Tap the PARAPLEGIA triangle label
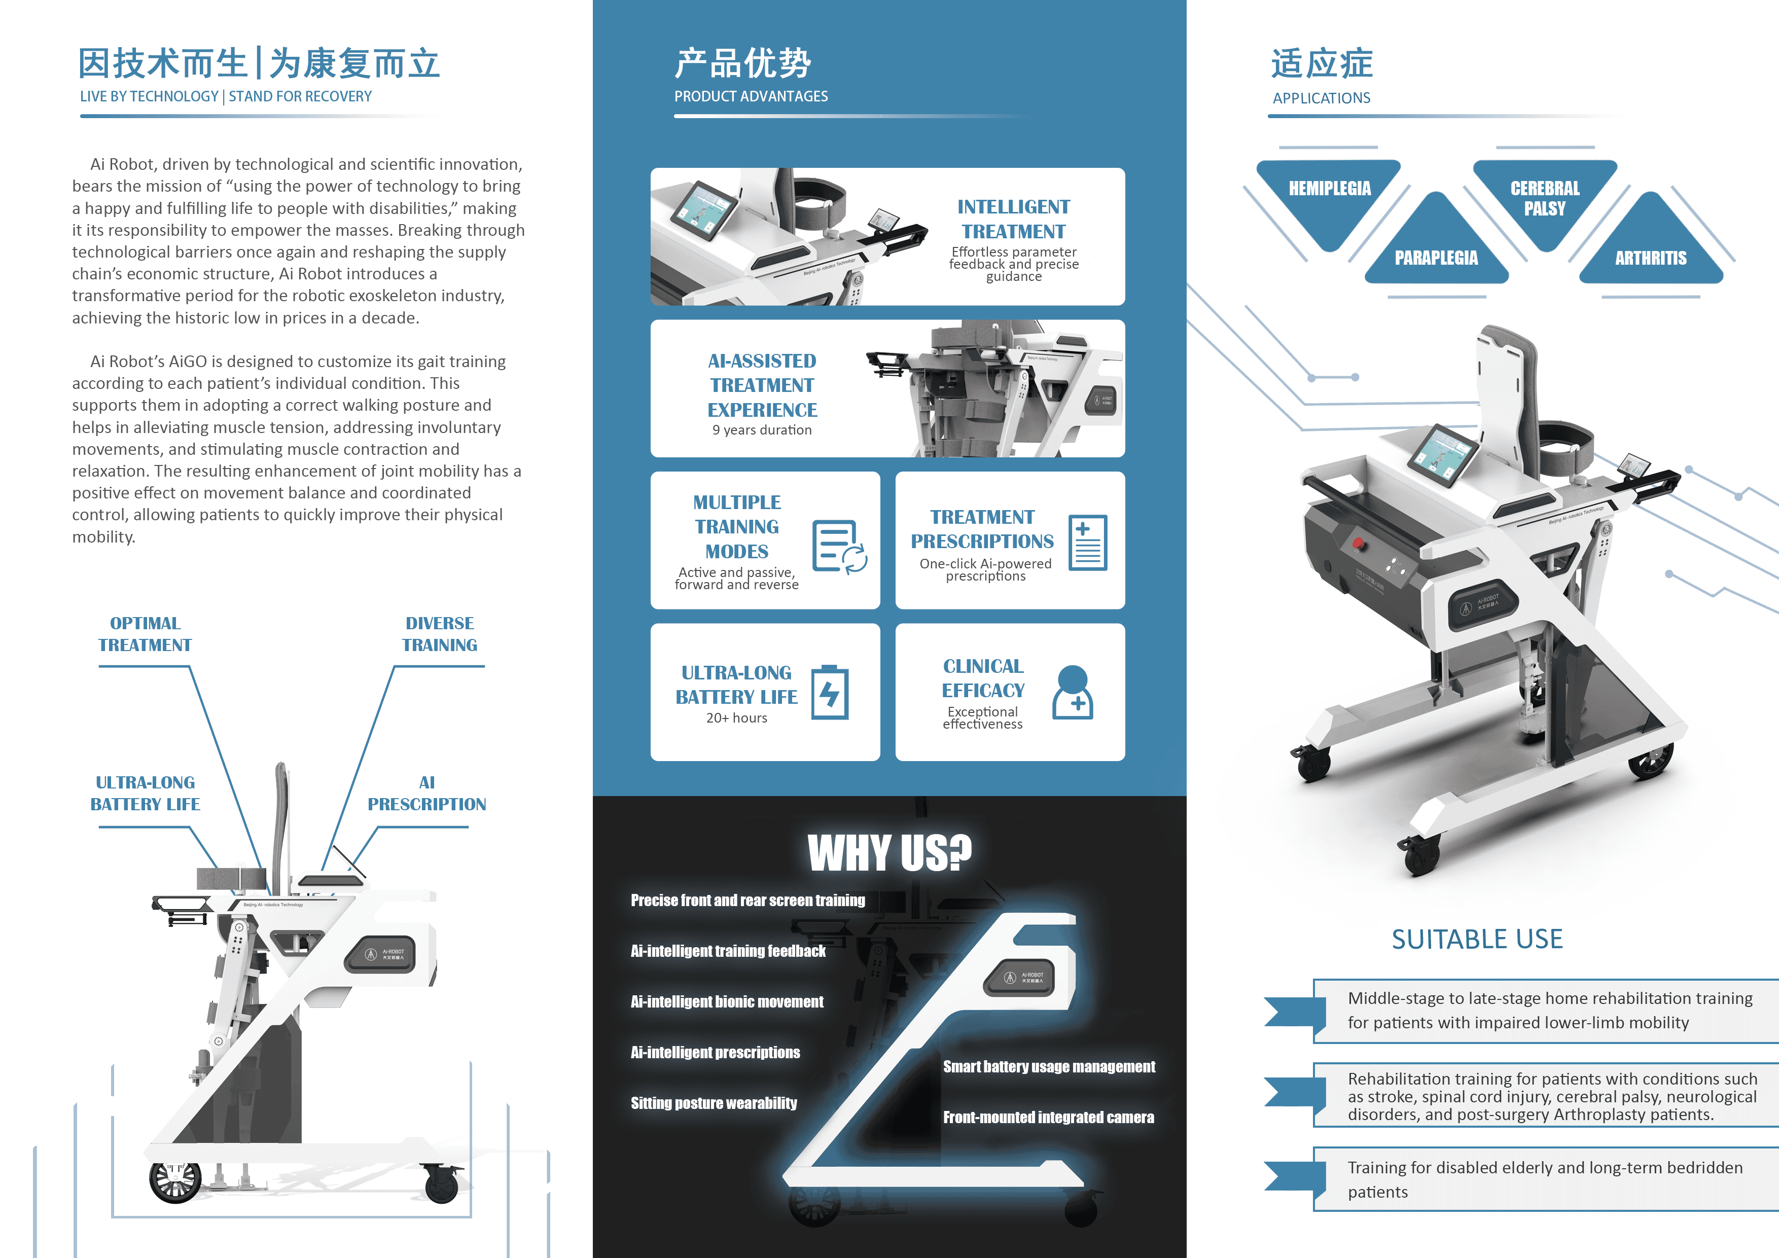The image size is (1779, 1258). click(1436, 257)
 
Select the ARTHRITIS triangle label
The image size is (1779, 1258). click(1650, 257)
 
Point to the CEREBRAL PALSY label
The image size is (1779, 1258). click(1544, 198)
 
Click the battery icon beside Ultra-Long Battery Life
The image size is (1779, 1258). click(830, 693)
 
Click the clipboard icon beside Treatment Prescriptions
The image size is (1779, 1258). click(1087, 543)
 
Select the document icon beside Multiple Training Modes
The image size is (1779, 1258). click(838, 546)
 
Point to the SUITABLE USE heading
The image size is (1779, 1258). click(1477, 939)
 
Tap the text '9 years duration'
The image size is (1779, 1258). click(762, 430)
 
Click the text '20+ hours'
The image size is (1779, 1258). click(736, 718)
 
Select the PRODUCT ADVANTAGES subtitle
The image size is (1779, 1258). click(751, 96)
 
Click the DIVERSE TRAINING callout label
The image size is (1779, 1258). click(439, 634)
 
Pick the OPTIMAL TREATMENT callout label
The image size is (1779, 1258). click(145, 634)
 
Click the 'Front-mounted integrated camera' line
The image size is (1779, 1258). click(1048, 1117)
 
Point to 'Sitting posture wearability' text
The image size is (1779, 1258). click(714, 1103)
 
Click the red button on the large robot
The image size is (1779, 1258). click(1358, 542)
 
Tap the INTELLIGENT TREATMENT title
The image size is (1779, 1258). click(1013, 219)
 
